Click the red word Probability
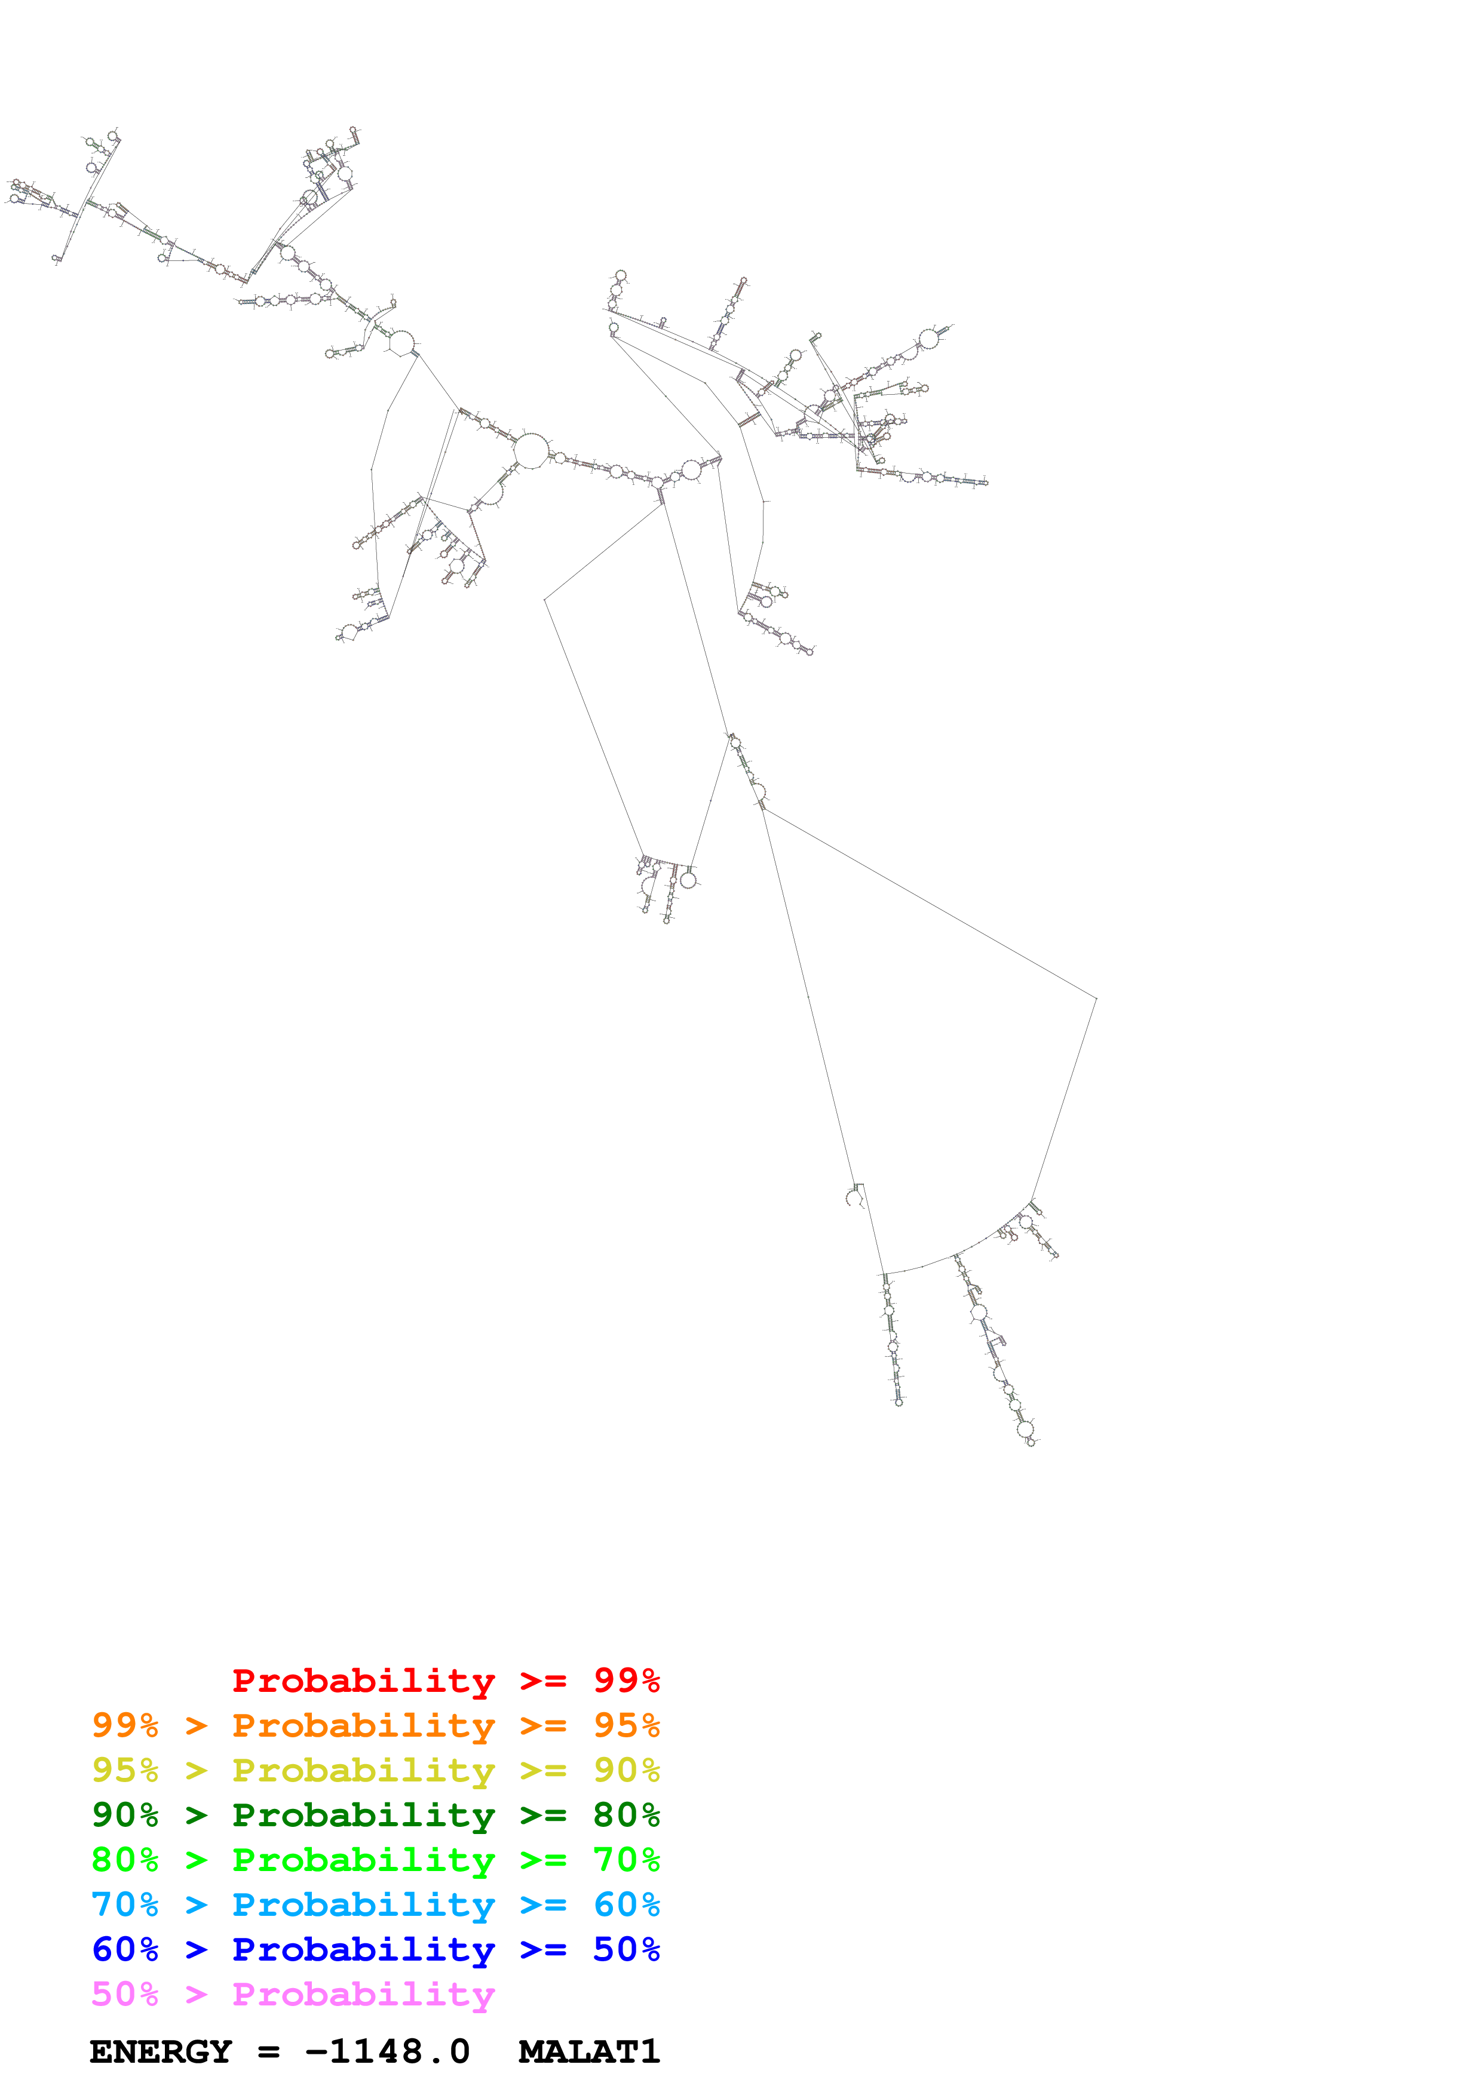click(363, 1681)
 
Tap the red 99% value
click(626, 1680)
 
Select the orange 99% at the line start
click(125, 1725)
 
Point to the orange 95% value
click(626, 1725)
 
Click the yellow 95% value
click(125, 1770)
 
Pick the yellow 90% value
click(626, 1770)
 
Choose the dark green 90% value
click(125, 1815)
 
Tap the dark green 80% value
click(626, 1815)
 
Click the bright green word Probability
click(363, 1860)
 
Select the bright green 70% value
click(626, 1860)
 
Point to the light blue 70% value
click(125, 1904)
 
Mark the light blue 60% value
click(626, 1904)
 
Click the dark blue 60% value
click(125, 1949)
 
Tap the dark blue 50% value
click(626, 1949)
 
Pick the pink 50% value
click(125, 1993)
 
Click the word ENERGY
click(161, 2052)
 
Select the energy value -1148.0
click(388, 2052)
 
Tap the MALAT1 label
click(588, 2052)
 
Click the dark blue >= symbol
click(543, 1950)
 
